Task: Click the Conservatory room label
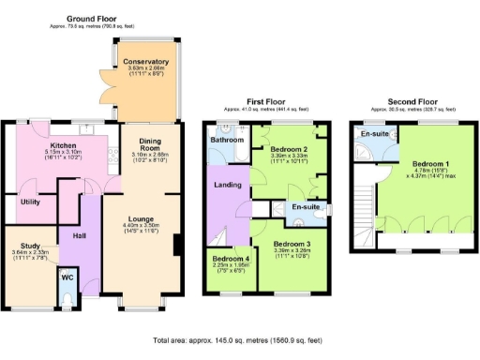[x=144, y=62]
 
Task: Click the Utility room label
[x=29, y=202]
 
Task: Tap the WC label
[x=67, y=277]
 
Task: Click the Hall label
[x=79, y=236]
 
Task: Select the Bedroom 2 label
[x=290, y=149]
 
